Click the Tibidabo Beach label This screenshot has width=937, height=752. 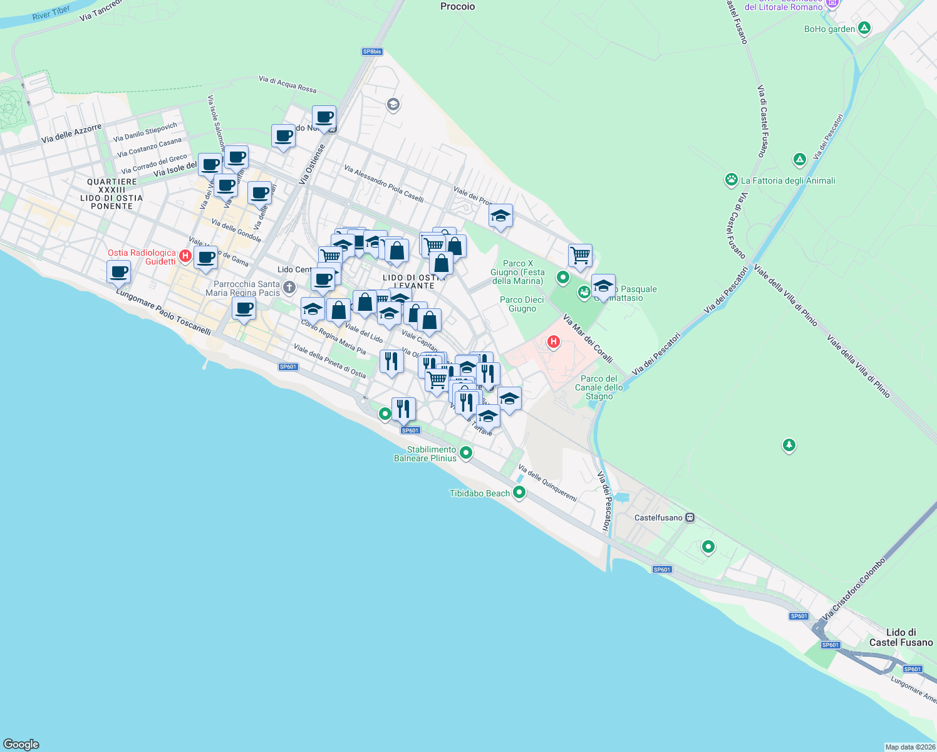(x=480, y=494)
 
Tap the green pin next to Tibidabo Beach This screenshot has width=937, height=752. (x=519, y=493)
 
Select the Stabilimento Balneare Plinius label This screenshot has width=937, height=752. (x=425, y=454)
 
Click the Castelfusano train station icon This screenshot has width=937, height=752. (x=690, y=518)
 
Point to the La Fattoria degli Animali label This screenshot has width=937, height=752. (x=788, y=180)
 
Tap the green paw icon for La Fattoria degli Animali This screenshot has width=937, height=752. (x=731, y=180)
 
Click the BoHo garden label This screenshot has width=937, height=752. (x=829, y=29)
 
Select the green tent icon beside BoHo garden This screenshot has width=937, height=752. (x=864, y=28)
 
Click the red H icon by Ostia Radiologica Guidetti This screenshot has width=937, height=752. (x=185, y=256)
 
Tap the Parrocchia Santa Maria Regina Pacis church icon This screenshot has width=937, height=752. (x=289, y=288)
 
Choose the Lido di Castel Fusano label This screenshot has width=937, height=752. (x=901, y=637)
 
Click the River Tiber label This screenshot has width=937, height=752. (x=51, y=13)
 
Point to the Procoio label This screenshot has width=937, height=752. (x=457, y=7)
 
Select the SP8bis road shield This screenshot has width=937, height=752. (x=372, y=52)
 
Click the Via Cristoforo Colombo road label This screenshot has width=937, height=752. (x=855, y=589)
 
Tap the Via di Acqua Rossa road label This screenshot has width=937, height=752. (x=287, y=84)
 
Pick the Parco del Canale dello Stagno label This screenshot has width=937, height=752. (x=599, y=387)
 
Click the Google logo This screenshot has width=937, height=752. (x=21, y=744)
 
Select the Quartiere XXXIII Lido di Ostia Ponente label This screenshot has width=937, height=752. (x=112, y=194)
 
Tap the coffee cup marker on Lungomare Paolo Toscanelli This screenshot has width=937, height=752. (x=119, y=273)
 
